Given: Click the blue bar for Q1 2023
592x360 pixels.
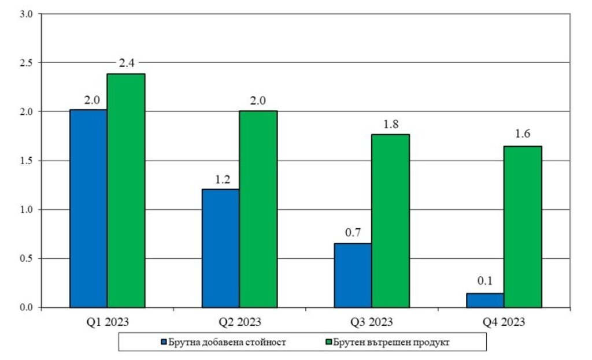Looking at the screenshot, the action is pyautogui.click(x=88, y=209).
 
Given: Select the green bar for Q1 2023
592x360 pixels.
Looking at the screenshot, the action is pyautogui.click(x=126, y=191).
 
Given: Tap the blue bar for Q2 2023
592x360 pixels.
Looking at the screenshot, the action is pyautogui.click(x=220, y=248).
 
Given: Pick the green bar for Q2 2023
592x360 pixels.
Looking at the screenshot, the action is pyautogui.click(x=258, y=209).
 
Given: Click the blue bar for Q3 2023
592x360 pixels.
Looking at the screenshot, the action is pyautogui.click(x=353, y=276).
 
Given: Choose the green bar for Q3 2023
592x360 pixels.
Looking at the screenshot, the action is pyautogui.click(x=390, y=221).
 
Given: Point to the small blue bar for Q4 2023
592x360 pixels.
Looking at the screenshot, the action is pyautogui.click(x=485, y=300).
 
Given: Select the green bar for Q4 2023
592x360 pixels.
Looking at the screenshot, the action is pyautogui.click(x=523, y=227).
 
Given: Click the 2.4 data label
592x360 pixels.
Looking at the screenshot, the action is pyautogui.click(x=127, y=62).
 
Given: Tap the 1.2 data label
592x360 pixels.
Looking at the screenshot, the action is pyautogui.click(x=223, y=179).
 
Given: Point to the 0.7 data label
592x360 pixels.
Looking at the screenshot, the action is pyautogui.click(x=353, y=232).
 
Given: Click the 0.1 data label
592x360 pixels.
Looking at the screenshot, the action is pyautogui.click(x=485, y=281).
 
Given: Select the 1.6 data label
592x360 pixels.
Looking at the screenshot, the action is pyautogui.click(x=523, y=133).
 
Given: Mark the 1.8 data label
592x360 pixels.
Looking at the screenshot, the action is pyautogui.click(x=391, y=124).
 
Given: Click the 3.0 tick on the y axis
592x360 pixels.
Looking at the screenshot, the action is pyautogui.click(x=27, y=14).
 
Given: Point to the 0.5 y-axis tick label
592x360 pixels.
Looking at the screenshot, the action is pyautogui.click(x=27, y=258).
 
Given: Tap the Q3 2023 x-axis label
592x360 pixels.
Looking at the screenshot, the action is pyautogui.click(x=372, y=322).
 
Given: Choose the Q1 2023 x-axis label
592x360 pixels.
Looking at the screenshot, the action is pyautogui.click(x=108, y=322).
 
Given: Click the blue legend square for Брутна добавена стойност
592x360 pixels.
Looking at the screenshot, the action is pyautogui.click(x=164, y=342).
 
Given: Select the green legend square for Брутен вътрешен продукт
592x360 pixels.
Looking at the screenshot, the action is pyautogui.click(x=328, y=342).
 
